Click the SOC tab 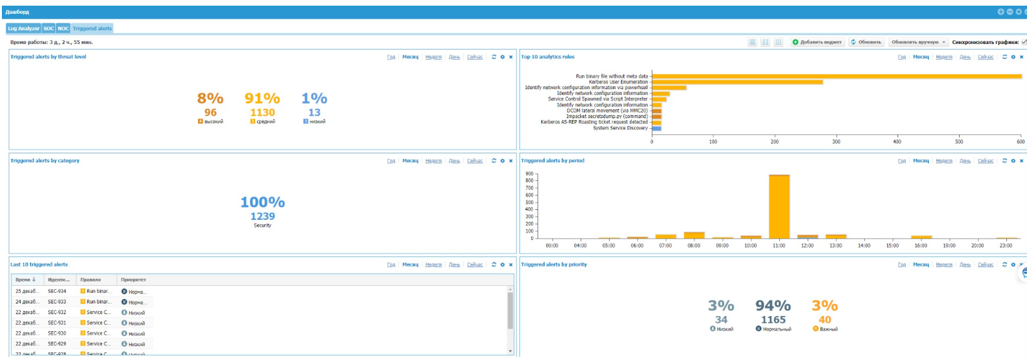click(x=49, y=28)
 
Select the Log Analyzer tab click(x=23, y=28)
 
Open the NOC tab click(x=63, y=28)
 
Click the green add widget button click(x=817, y=42)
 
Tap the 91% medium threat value click(x=262, y=99)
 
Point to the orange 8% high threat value click(x=210, y=99)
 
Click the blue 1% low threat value click(x=314, y=99)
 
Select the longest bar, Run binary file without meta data click(x=836, y=76)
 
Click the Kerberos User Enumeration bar click(x=737, y=82)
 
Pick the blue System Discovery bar click(x=657, y=128)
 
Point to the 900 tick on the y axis click(x=529, y=174)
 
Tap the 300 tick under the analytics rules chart click(x=836, y=141)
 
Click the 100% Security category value click(x=263, y=202)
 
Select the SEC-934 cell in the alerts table click(x=57, y=292)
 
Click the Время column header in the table click(x=25, y=280)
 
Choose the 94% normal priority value click(x=773, y=306)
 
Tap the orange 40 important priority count click(x=825, y=320)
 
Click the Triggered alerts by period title click(x=552, y=161)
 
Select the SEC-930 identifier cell click(x=57, y=334)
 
